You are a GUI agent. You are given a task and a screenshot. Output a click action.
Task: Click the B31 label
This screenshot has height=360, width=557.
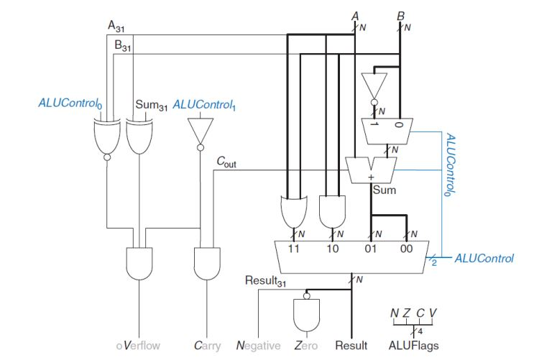coord(124,46)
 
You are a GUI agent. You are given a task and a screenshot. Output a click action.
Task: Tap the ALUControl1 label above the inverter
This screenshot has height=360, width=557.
coord(206,106)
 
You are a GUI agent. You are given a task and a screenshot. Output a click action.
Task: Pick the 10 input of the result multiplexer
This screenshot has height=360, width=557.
coord(333,249)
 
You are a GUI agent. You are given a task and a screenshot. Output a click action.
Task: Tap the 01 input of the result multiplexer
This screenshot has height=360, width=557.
coord(371,249)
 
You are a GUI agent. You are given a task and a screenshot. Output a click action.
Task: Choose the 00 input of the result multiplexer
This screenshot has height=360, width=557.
coord(407,249)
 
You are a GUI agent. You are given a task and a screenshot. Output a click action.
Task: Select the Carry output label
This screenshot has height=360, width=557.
coord(208,346)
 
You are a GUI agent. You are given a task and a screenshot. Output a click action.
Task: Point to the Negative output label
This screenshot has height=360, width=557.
coord(258,346)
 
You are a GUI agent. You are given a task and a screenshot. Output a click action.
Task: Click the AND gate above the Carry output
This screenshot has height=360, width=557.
coord(208,263)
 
